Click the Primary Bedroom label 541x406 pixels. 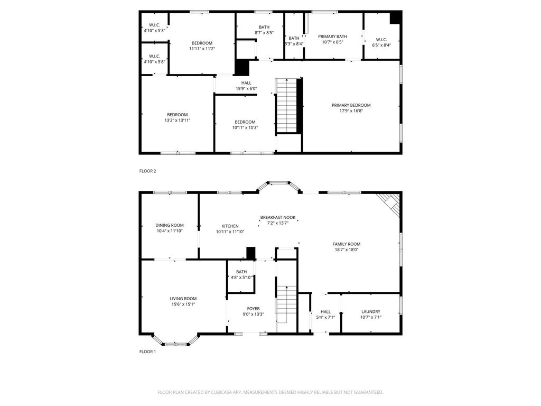pyautogui.click(x=351, y=105)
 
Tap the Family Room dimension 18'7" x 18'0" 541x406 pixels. pyautogui.click(x=347, y=250)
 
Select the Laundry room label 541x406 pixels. pyautogui.click(x=371, y=311)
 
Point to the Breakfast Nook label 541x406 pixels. pyautogui.click(x=278, y=217)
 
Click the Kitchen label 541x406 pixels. pyautogui.click(x=230, y=226)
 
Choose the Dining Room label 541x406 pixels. pyautogui.click(x=170, y=225)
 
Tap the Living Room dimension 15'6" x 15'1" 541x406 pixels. pyautogui.click(x=183, y=304)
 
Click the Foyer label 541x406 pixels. pyautogui.click(x=253, y=309)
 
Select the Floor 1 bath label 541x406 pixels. pyautogui.click(x=241, y=272)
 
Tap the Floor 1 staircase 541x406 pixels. pyautogui.click(x=286, y=304)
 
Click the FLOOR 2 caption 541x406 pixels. pyautogui.click(x=148, y=171)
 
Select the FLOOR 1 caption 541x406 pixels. pyautogui.click(x=148, y=352)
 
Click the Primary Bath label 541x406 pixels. pyautogui.click(x=333, y=36)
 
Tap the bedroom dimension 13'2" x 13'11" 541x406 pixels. pyautogui.click(x=178, y=121)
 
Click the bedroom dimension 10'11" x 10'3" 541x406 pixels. pyautogui.click(x=245, y=127)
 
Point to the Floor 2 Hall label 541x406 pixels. pyautogui.click(x=246, y=83)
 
